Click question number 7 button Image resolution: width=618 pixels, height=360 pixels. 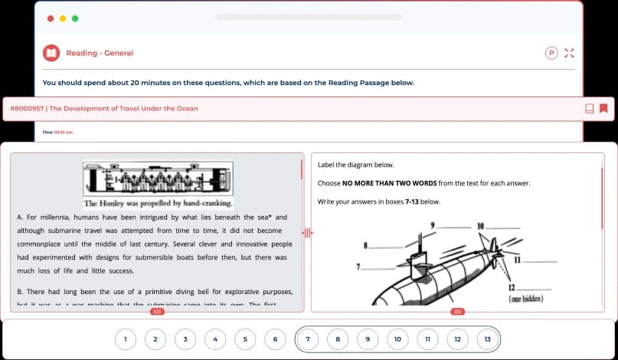tap(308, 338)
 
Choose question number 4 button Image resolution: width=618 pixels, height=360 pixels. tap(215, 338)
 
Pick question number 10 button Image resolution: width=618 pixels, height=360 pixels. tap(397, 338)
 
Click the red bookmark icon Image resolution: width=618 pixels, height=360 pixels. tap(603, 108)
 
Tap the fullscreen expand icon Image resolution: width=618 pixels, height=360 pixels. tap(568, 53)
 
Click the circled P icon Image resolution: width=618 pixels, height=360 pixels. tap(551, 53)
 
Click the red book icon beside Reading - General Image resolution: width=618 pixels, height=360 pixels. tap(51, 53)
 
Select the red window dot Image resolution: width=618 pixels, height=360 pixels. tap(51, 18)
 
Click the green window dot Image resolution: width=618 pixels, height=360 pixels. tap(75, 18)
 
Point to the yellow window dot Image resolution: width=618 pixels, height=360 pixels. tap(63, 18)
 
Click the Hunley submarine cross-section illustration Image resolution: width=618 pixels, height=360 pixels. tap(157, 178)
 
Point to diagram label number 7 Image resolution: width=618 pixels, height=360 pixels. tap(358, 266)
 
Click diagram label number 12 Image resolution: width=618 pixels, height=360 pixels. tap(511, 286)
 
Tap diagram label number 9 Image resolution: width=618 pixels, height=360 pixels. tap(433, 225)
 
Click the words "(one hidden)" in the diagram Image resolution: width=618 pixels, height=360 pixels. tap(527, 299)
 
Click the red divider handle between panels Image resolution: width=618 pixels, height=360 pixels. tap(308, 232)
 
